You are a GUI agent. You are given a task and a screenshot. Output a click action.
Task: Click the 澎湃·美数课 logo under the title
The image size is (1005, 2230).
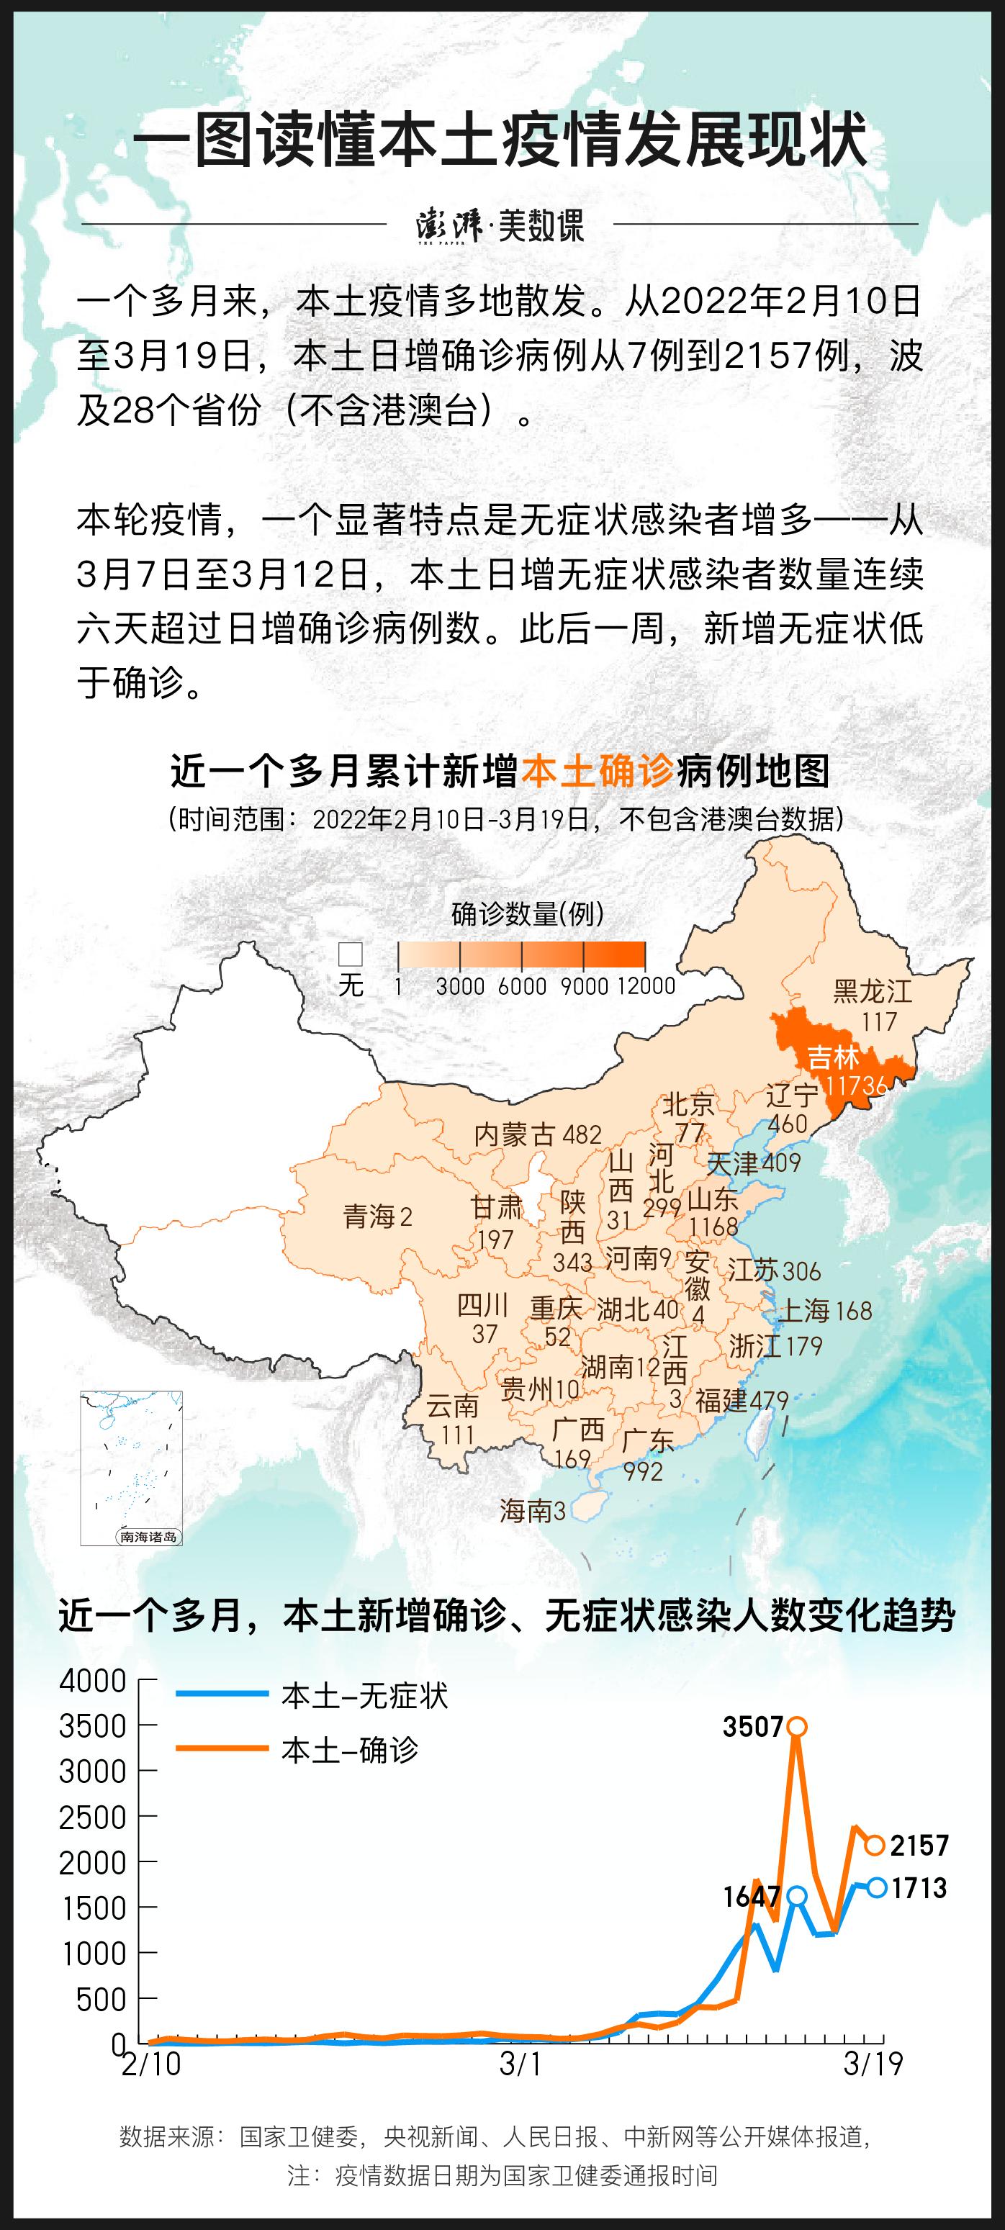pyautogui.click(x=500, y=225)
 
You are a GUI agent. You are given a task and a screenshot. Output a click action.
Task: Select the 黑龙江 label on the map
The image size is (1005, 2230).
pyautogui.click(x=873, y=991)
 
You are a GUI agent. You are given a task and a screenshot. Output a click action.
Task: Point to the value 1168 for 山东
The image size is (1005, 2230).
pyautogui.click(x=713, y=1227)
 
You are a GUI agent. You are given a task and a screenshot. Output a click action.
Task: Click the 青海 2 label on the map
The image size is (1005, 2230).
pyautogui.click(x=377, y=1216)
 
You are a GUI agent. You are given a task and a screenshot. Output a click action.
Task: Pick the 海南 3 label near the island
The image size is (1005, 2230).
pyautogui.click(x=532, y=1511)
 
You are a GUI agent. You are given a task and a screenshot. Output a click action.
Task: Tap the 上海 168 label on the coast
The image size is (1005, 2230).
pyautogui.click(x=826, y=1310)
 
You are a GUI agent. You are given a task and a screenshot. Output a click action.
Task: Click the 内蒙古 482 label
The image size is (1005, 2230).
pyautogui.click(x=536, y=1134)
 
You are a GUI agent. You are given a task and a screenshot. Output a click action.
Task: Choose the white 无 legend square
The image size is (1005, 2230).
pyautogui.click(x=351, y=954)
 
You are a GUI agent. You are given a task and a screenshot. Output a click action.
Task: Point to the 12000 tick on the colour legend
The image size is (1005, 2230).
pyautogui.click(x=646, y=985)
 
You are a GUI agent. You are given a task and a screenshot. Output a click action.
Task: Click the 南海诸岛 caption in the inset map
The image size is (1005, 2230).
pyautogui.click(x=148, y=1537)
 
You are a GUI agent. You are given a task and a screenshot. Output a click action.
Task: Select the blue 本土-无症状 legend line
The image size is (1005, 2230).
pyautogui.click(x=222, y=1694)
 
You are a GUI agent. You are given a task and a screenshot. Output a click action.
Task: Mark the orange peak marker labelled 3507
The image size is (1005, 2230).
pyautogui.click(x=797, y=1726)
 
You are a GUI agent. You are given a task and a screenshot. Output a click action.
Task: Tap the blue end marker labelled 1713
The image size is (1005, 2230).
pyautogui.click(x=877, y=1887)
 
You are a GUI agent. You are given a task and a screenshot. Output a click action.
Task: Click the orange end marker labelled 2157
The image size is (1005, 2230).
pyautogui.click(x=874, y=1846)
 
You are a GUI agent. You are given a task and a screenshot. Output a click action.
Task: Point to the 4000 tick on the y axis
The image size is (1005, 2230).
pyautogui.click(x=93, y=1680)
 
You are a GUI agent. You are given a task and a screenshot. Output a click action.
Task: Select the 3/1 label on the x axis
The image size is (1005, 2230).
pyautogui.click(x=521, y=2064)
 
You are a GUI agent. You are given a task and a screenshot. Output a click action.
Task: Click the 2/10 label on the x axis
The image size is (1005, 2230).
pyautogui.click(x=151, y=2064)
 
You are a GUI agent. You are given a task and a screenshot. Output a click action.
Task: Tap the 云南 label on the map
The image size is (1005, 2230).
pyautogui.click(x=453, y=1404)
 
